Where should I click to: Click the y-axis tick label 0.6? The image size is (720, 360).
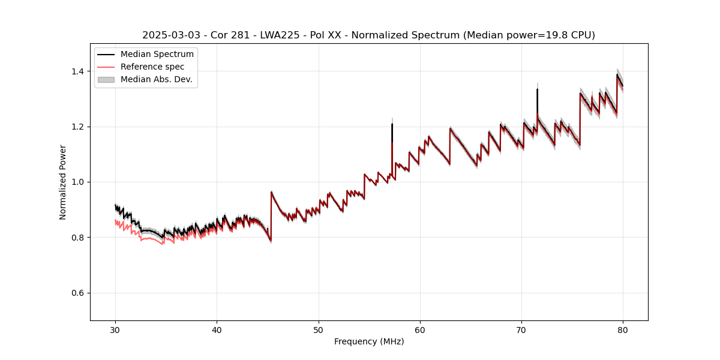(x=79, y=293)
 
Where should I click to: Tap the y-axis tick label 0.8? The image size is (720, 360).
(x=79, y=238)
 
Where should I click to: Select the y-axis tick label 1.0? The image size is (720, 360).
(x=79, y=182)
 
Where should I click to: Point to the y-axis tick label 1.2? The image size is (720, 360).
(x=79, y=127)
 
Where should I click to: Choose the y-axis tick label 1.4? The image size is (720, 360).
(x=79, y=71)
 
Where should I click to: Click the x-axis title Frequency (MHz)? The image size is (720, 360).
(x=369, y=341)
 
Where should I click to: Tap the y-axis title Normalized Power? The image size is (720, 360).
(x=63, y=182)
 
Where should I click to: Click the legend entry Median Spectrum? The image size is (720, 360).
(x=157, y=55)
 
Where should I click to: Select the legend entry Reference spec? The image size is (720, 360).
(x=152, y=67)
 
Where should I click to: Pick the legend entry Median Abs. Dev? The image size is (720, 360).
(x=156, y=79)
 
